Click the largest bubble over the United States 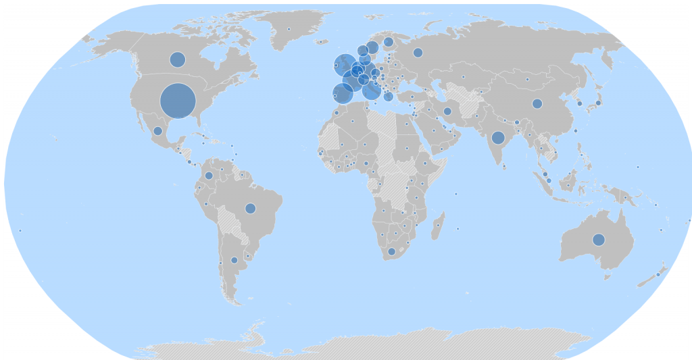[x=178, y=101]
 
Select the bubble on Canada [x=177, y=59]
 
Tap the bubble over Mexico [x=157, y=131]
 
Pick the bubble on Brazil [x=250, y=208]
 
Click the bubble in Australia [x=598, y=239]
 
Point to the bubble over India [x=498, y=138]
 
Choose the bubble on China [x=537, y=103]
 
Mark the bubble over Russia [x=418, y=53]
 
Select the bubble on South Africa [x=391, y=251]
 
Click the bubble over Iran [x=447, y=111]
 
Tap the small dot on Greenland [x=289, y=29]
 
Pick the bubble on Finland [x=389, y=42]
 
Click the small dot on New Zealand [x=658, y=274]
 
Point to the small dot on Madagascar [x=438, y=225]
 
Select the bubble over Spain [x=343, y=94]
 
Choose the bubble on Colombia [x=209, y=176]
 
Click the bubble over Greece [x=388, y=97]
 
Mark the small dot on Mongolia [x=526, y=80]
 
